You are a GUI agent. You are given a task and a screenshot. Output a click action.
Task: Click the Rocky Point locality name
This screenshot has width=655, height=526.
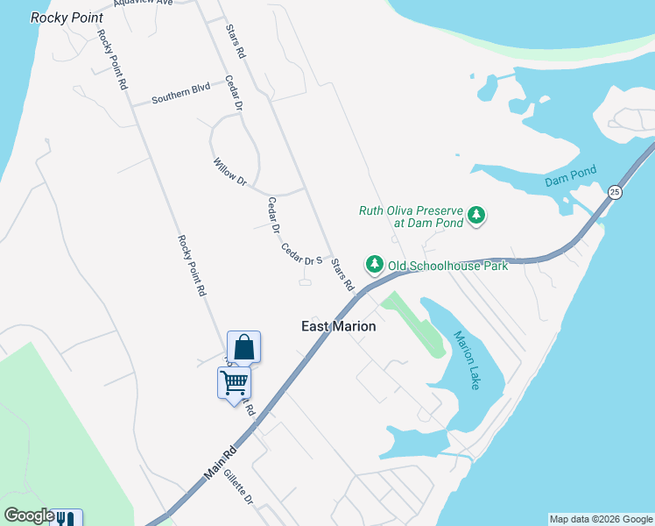tap(67, 18)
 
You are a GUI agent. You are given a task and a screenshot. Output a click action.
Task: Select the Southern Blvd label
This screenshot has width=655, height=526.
tap(181, 94)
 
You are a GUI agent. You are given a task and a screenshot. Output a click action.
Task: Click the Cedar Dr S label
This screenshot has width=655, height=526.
tap(302, 255)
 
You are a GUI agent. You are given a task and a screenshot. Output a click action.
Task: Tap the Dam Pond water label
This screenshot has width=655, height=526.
tap(570, 176)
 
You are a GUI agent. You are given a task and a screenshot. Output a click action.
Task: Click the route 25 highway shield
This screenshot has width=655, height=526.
tap(615, 192)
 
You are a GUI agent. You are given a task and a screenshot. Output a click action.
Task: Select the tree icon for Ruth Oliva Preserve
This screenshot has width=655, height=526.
tap(476, 215)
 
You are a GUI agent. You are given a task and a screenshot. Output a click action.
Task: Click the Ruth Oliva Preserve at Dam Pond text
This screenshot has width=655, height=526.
tap(411, 216)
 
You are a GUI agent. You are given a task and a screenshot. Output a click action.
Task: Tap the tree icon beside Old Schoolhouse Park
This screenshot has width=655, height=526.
tap(375, 264)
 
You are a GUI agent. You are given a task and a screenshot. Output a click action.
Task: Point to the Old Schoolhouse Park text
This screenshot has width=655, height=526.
tap(447, 265)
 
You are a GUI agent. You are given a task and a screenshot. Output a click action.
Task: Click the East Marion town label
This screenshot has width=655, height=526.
tap(338, 326)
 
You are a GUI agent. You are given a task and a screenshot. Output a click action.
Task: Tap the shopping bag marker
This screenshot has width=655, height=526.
tap(243, 347)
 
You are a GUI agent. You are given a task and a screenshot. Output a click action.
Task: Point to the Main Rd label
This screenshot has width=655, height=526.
tap(222, 461)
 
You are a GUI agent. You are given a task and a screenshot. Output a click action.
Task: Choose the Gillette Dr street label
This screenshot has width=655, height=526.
tap(237, 487)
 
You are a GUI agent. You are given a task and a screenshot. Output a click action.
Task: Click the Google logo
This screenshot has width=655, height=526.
tap(29, 515)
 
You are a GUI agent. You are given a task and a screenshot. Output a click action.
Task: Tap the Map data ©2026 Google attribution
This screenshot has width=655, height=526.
tap(601, 519)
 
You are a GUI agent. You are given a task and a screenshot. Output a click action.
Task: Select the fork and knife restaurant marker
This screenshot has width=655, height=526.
tap(67, 518)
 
